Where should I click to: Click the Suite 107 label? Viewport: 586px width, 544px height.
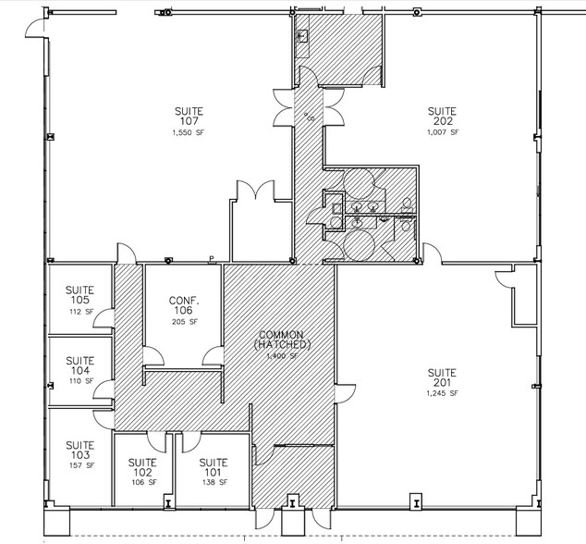[189, 117]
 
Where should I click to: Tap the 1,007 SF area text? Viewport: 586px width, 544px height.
[443, 133]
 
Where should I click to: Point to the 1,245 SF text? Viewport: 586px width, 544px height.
[443, 393]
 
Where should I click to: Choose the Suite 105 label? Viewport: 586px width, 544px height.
[80, 294]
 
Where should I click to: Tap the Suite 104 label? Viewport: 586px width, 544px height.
[80, 365]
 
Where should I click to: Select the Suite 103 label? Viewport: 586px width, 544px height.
[80, 449]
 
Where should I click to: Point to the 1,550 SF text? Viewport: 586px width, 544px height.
[189, 133]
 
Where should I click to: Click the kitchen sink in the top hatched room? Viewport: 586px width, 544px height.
[303, 36]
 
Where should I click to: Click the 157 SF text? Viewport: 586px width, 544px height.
[80, 465]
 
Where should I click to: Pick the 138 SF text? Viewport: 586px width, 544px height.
[214, 483]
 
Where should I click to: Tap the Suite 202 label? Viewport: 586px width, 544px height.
[443, 117]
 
